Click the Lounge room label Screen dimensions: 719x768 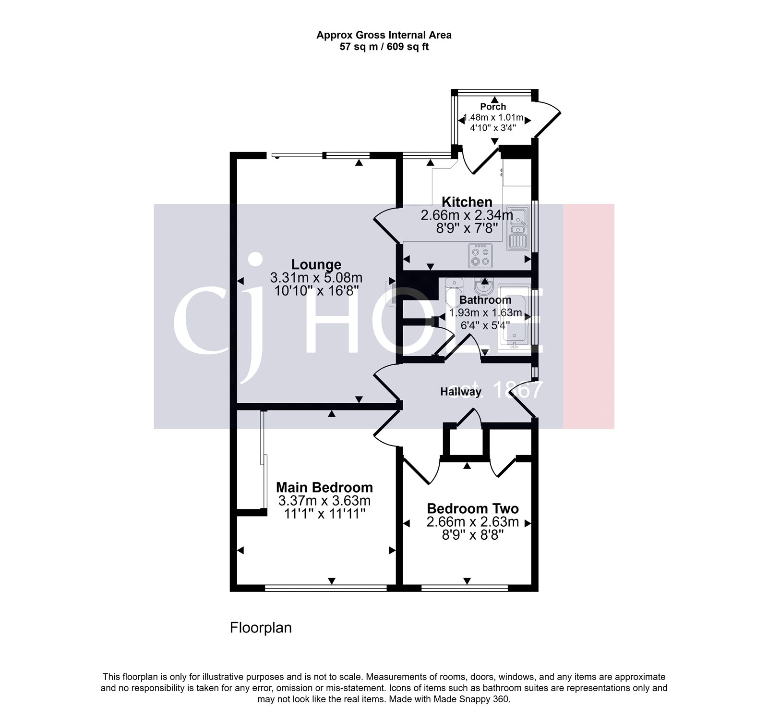pos(316,264)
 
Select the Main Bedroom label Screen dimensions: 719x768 pos(324,487)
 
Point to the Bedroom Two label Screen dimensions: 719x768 pos(472,508)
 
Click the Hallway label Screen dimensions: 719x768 pos(460,392)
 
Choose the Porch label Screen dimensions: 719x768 pos(493,107)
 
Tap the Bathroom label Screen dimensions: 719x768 pos(485,300)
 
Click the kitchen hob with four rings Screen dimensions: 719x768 pos(480,256)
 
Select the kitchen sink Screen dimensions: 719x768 pos(517,228)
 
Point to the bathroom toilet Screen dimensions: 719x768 pos(453,293)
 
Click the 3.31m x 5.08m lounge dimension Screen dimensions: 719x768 pos(316,278)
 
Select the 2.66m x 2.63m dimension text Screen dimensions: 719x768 pos(472,522)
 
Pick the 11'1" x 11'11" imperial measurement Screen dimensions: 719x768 pos(324,514)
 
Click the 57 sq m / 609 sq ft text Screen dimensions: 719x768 pos(384,47)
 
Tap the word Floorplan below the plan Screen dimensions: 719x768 pos(261,628)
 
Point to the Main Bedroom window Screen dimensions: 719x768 pos(325,587)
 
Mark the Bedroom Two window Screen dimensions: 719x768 pos(464,587)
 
